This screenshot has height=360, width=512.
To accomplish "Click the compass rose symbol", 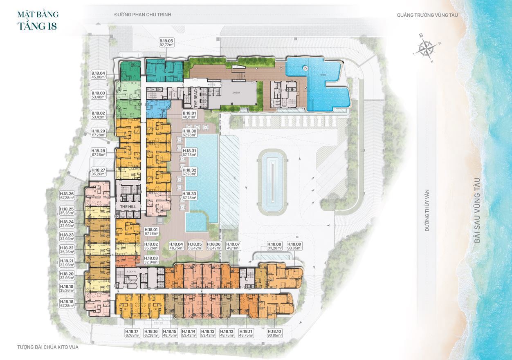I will point(427,48).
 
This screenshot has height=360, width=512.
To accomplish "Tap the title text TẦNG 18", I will point(38,26).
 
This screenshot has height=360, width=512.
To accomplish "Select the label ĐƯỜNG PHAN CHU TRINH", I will point(142,15).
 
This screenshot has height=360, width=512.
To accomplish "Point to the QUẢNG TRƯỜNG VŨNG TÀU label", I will point(427,15).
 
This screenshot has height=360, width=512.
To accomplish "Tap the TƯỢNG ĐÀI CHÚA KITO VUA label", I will point(48,347).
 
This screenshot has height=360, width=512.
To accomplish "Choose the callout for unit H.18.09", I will point(294,246).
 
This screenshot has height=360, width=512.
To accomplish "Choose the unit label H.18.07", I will point(233,246).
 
